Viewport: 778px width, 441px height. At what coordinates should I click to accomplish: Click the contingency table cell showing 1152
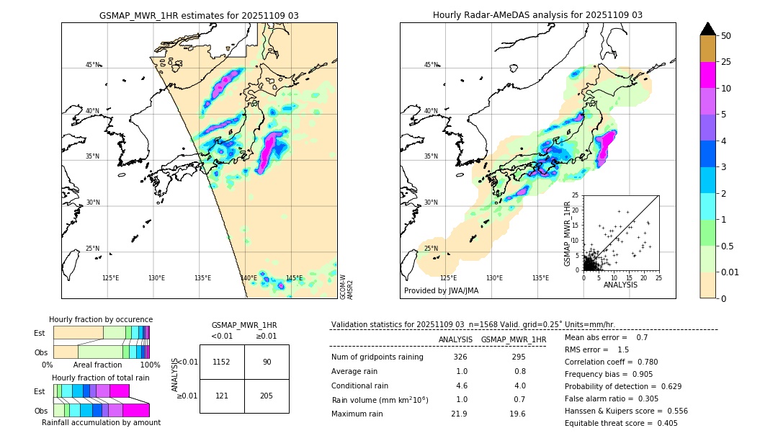[221, 362]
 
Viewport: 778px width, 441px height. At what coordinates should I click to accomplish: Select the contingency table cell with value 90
[267, 362]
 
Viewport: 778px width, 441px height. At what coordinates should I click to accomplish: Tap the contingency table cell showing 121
[221, 396]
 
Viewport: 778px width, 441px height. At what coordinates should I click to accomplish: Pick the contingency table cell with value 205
[267, 396]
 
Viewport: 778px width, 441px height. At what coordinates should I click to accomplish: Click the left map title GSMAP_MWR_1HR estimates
[199, 15]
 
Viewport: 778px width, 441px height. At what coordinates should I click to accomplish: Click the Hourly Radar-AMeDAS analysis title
[537, 15]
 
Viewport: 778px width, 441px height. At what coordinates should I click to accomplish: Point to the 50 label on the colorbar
[726, 36]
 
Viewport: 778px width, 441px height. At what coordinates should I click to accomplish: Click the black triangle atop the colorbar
[707, 29]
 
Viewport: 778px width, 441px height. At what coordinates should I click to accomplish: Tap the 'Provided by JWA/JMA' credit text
[441, 291]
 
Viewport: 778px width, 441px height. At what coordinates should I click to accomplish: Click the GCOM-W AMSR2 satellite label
[346, 286]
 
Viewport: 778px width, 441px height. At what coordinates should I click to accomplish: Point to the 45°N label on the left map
[93, 65]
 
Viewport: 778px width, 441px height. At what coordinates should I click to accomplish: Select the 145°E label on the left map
[294, 278]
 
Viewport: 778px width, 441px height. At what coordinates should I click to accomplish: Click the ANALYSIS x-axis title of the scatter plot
[620, 285]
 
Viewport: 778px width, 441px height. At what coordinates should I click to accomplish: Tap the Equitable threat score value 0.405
[661, 423]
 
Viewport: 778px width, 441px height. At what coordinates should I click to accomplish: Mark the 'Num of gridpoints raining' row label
[377, 357]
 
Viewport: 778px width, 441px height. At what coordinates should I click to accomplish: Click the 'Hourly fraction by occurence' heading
[101, 319]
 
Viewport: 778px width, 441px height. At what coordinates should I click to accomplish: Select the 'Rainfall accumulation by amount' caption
[101, 422]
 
